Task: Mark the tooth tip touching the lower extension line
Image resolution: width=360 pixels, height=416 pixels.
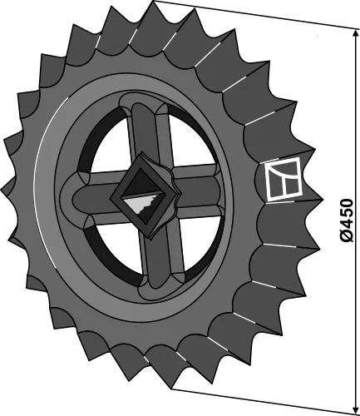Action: click(171, 390)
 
